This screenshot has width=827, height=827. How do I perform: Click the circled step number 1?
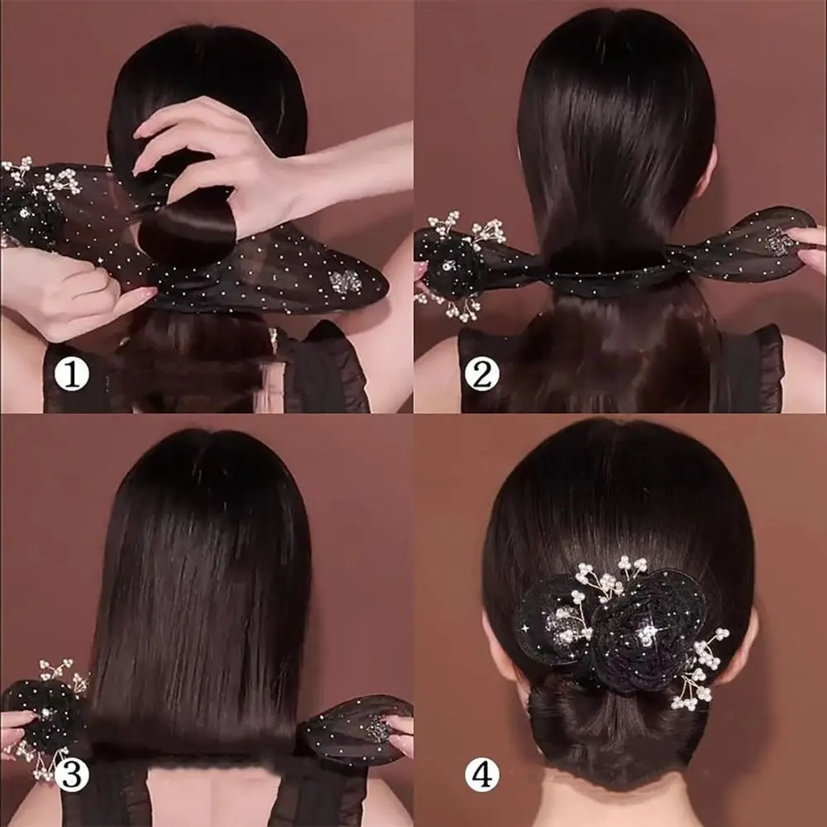[x=72, y=374]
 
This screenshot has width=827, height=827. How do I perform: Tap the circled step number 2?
[x=482, y=374]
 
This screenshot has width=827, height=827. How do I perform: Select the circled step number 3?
[x=72, y=775]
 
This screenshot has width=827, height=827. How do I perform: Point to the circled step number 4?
[x=482, y=775]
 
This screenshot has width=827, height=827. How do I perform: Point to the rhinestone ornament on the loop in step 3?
[x=379, y=729]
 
